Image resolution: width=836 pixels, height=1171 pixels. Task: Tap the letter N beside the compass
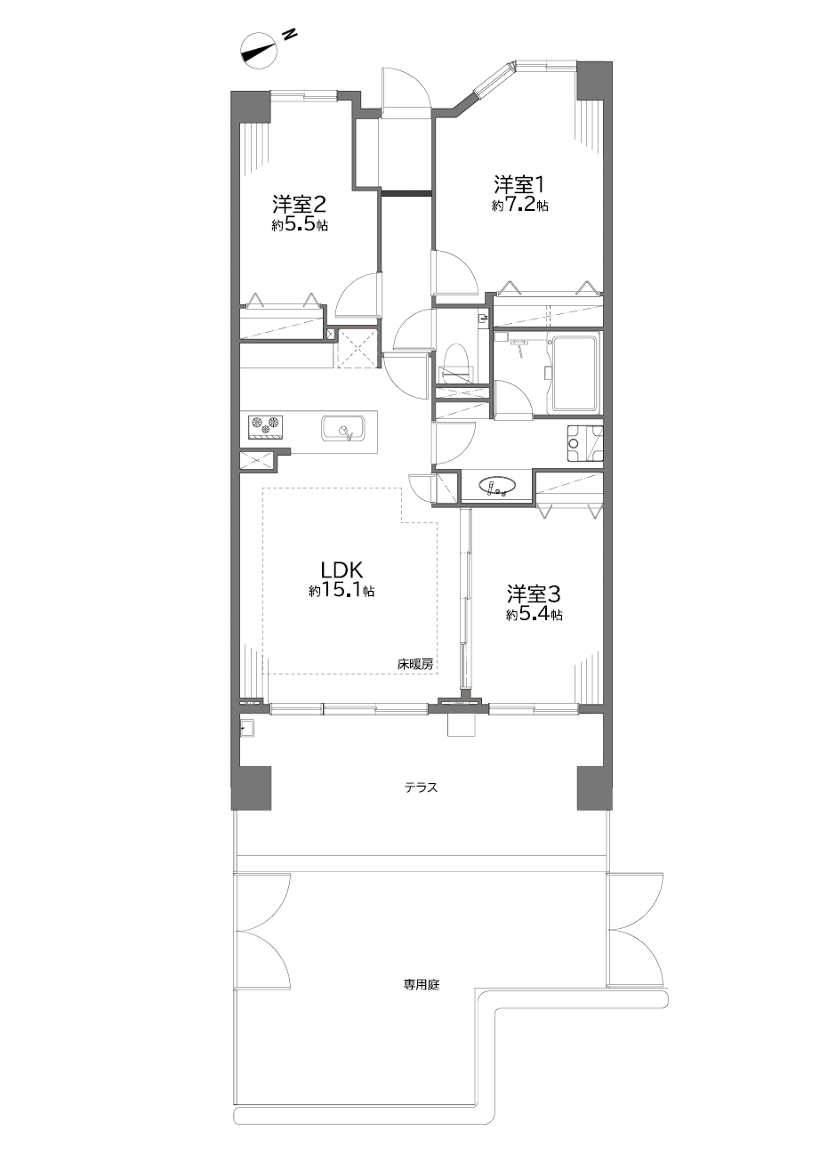289,35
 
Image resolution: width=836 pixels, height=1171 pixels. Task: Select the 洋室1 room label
520,184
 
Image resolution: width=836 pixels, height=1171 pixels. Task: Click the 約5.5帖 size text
300,225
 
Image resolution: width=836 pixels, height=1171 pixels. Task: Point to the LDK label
342,569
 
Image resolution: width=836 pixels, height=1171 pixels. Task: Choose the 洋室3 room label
534,594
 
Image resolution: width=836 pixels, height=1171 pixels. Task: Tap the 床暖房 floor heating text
415,665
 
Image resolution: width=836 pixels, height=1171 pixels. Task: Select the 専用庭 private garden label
422,985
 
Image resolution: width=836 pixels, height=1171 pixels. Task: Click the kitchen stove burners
266,424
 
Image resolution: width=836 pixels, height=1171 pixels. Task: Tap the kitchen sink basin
344,429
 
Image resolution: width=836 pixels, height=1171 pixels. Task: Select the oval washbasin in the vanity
497,485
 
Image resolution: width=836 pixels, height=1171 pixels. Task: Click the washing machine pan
585,444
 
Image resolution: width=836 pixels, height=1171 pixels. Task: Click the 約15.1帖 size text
342,591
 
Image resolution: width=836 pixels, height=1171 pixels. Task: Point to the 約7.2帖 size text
520,205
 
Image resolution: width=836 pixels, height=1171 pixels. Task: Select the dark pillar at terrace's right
594,787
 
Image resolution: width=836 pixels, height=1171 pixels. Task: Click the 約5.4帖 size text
534,615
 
